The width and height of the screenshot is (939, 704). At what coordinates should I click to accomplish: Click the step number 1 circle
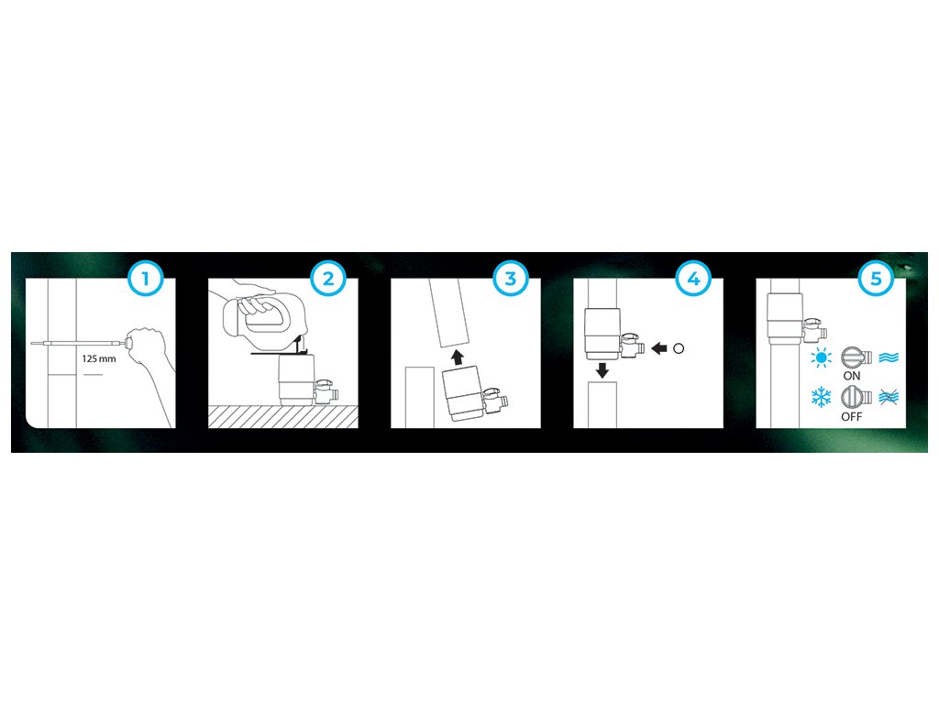tap(145, 279)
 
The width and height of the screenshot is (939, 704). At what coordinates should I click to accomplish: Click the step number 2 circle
tap(327, 279)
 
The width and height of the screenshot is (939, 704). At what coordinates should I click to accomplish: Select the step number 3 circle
tap(510, 279)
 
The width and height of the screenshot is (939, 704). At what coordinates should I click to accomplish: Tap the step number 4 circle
tap(693, 279)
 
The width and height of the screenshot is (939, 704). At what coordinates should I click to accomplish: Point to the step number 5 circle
tap(876, 279)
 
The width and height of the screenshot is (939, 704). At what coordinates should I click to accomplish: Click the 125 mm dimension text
tap(99, 358)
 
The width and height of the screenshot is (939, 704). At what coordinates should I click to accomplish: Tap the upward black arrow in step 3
tap(457, 357)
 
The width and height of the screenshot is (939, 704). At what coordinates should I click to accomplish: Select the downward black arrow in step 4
tap(602, 370)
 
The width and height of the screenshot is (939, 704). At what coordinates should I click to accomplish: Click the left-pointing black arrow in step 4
tap(658, 347)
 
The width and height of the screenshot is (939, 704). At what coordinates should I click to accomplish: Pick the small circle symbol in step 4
tap(679, 347)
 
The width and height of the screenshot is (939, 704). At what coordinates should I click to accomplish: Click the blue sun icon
tap(821, 358)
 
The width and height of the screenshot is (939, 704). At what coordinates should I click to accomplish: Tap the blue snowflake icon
tap(821, 397)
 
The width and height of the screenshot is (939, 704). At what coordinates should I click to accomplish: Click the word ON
tap(852, 376)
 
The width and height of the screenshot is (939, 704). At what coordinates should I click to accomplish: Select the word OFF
tap(852, 417)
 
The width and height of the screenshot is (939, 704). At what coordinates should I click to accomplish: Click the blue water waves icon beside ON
tap(889, 358)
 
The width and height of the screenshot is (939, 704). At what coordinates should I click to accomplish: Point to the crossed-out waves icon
tap(889, 397)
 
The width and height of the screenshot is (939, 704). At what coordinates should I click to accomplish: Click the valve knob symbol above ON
tap(856, 357)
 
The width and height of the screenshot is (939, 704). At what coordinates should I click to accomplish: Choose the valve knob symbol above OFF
tap(856, 396)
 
